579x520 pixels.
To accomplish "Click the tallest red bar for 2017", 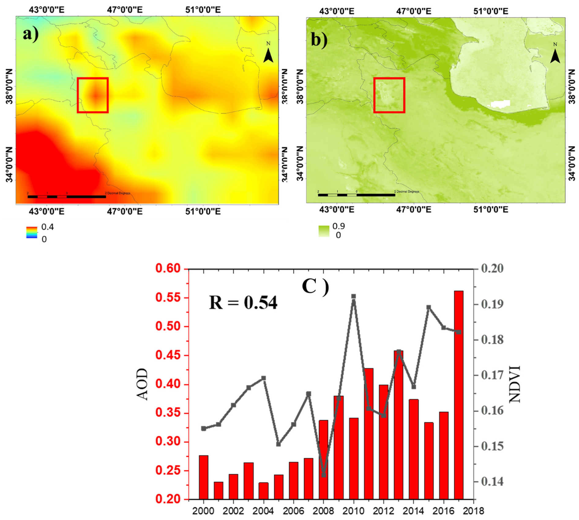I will pyautogui.click(x=458, y=395).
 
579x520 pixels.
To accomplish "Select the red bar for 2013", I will pyautogui.click(x=398, y=425).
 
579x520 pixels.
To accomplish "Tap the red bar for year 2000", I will pyautogui.click(x=204, y=477).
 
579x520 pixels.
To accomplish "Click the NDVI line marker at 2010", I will pyautogui.click(x=353, y=296).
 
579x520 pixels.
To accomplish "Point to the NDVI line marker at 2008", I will pyautogui.click(x=324, y=475).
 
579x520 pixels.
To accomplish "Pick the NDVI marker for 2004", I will pyautogui.click(x=263, y=378).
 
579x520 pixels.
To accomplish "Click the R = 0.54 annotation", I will pyautogui.click(x=243, y=303).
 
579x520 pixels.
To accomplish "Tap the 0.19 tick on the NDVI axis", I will pyautogui.click(x=492, y=304).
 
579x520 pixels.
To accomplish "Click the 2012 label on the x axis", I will pyautogui.click(x=383, y=511).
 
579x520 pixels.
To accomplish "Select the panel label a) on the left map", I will pyautogui.click(x=31, y=34).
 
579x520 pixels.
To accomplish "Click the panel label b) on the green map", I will pyautogui.click(x=319, y=40).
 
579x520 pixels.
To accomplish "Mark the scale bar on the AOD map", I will pyautogui.click(x=67, y=197).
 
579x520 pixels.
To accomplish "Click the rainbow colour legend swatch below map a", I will pyautogui.click(x=32, y=232).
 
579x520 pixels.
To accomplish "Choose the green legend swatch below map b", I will pyautogui.click(x=324, y=231).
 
